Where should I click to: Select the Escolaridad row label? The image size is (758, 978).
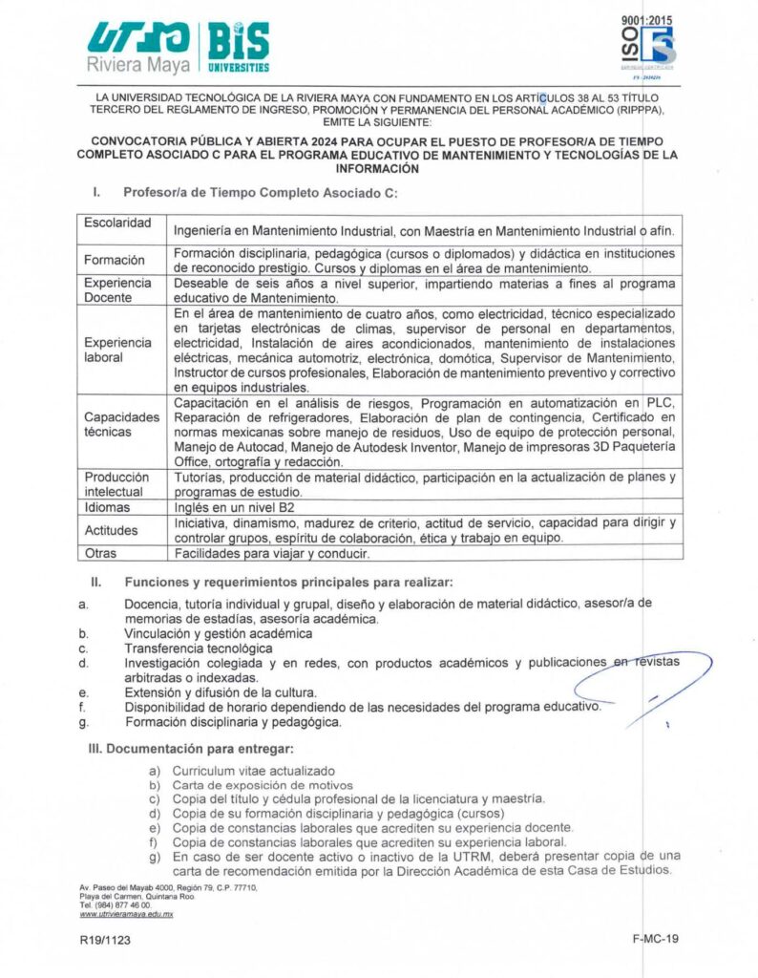point(118,223)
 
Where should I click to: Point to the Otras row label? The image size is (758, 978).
point(103,552)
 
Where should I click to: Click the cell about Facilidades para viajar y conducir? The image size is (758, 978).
point(271,553)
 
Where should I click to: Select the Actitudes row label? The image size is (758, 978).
point(112,530)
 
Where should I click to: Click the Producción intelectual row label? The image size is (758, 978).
point(117,483)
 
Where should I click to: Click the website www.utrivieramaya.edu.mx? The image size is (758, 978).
point(126,914)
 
